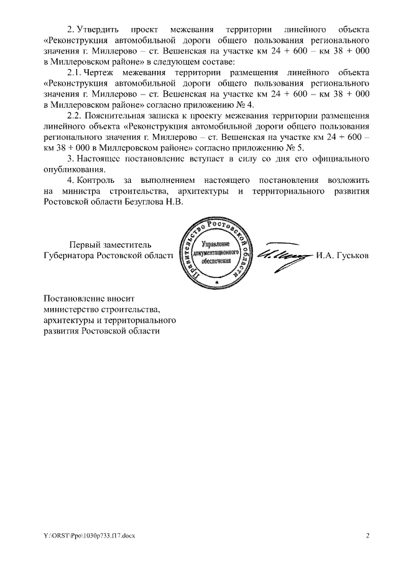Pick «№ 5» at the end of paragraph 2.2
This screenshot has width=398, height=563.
[x=294, y=149]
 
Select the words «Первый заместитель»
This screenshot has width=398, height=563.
[x=110, y=244]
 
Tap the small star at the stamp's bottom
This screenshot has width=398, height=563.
[x=216, y=283]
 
